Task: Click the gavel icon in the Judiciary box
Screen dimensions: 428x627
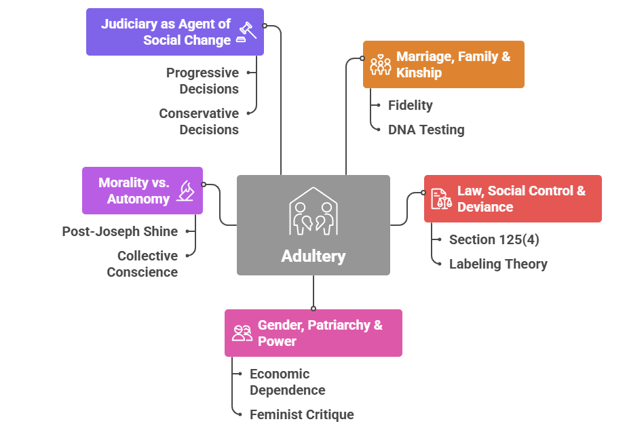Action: pyautogui.click(x=246, y=32)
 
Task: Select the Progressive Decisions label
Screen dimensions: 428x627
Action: pyautogui.click(x=202, y=81)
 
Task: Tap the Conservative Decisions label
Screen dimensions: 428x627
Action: pyautogui.click(x=199, y=121)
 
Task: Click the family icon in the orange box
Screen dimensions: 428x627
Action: pyautogui.click(x=380, y=64)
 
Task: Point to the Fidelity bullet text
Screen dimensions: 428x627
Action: pyautogui.click(x=410, y=105)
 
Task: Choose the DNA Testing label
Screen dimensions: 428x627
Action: pyautogui.click(x=426, y=130)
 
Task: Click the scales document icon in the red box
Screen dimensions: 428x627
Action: pyautogui.click(x=441, y=199)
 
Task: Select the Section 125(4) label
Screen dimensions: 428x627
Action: pyautogui.click(x=494, y=239)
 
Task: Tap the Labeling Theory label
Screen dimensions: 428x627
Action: pyautogui.click(x=498, y=264)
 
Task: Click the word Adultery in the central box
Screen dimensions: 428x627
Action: pyautogui.click(x=313, y=256)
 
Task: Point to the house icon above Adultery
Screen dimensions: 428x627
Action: pyautogui.click(x=313, y=211)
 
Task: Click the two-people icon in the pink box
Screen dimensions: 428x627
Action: pyautogui.click(x=242, y=332)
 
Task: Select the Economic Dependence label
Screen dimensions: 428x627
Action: pyautogui.click(x=287, y=382)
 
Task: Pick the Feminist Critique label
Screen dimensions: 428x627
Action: pyautogui.click(x=301, y=414)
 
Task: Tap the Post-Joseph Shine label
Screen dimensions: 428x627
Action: pyautogui.click(x=120, y=231)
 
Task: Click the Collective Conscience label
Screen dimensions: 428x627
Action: pyautogui.click(x=142, y=264)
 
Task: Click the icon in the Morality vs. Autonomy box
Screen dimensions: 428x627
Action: pyautogui.click(x=185, y=191)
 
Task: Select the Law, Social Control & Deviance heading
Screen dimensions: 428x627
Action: pyautogui.click(x=521, y=199)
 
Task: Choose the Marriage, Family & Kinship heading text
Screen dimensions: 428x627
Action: pyautogui.click(x=453, y=64)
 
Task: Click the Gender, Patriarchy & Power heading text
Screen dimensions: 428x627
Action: pyautogui.click(x=320, y=332)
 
